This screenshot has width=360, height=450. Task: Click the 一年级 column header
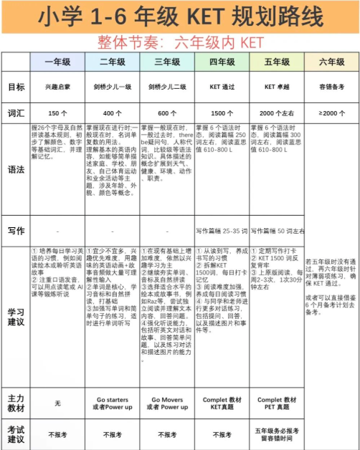click(x=57, y=62)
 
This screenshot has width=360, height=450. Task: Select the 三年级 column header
click(x=166, y=62)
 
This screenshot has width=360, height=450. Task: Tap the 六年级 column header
click(x=331, y=62)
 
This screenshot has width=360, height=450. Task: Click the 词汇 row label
click(x=16, y=113)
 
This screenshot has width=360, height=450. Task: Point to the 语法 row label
click(x=16, y=170)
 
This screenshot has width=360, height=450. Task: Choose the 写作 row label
click(x=16, y=231)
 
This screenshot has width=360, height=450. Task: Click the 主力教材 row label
click(x=16, y=402)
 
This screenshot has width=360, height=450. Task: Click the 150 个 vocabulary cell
click(x=57, y=113)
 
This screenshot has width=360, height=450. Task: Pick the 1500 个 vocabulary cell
click(x=222, y=113)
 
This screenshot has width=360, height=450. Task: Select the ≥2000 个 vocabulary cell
click(x=331, y=113)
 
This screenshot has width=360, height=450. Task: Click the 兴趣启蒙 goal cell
click(x=57, y=87)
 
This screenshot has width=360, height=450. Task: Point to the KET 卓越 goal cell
click(x=276, y=87)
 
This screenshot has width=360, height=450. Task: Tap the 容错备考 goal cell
click(x=331, y=87)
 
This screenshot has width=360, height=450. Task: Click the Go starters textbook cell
click(x=112, y=402)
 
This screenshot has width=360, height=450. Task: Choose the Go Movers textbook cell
click(x=166, y=402)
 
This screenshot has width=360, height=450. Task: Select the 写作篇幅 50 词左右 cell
click(x=276, y=231)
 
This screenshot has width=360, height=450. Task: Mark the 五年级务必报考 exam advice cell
click(x=276, y=434)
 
